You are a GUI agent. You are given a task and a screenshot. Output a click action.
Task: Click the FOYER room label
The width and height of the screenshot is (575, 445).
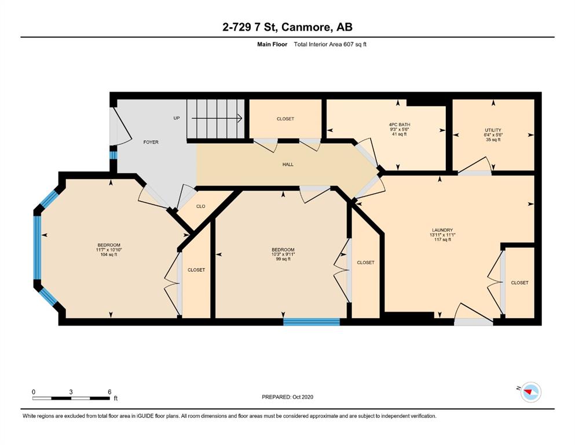[x=151, y=142]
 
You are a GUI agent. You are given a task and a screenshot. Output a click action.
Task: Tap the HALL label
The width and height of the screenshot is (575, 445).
[x=288, y=165]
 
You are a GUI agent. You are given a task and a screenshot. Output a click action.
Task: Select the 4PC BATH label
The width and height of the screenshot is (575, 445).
[x=400, y=125]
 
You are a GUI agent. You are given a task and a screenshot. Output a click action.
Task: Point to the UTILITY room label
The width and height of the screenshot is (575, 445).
[x=493, y=130]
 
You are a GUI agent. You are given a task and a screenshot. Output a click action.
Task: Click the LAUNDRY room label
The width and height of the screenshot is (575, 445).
[x=442, y=230]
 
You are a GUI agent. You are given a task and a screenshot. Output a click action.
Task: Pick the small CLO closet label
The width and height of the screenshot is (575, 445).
[x=200, y=206]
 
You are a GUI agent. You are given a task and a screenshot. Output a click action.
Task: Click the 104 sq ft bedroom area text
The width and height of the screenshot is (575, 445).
[x=108, y=254]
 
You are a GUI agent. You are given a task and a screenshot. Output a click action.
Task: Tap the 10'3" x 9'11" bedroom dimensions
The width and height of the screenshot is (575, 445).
[x=283, y=254]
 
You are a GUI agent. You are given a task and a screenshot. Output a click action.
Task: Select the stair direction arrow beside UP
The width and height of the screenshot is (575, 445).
[x=217, y=118]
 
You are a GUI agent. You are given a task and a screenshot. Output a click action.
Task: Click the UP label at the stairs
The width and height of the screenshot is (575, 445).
[x=177, y=118]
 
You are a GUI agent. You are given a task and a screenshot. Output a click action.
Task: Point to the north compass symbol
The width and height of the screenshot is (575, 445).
[x=530, y=392]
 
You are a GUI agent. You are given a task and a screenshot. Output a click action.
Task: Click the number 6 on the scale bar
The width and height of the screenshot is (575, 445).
[x=109, y=392]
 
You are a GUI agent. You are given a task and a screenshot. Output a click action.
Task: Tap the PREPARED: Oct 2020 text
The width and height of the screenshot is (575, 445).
[x=287, y=397]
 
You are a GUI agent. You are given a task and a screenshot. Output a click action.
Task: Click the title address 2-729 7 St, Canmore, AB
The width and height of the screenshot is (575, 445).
[x=287, y=27]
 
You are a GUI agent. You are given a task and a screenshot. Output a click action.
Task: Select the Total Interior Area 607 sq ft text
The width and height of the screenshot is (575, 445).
[x=330, y=45]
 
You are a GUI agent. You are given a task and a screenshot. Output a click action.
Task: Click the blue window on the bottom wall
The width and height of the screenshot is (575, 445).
[x=312, y=322]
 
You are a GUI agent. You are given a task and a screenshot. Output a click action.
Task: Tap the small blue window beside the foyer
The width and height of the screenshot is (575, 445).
[x=113, y=155]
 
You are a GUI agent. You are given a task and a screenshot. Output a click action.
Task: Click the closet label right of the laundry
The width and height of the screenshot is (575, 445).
[x=519, y=283]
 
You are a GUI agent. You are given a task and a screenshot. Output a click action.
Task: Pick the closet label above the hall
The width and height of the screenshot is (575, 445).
[x=285, y=119]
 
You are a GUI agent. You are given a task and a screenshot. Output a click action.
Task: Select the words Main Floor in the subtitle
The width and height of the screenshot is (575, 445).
[x=272, y=45]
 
